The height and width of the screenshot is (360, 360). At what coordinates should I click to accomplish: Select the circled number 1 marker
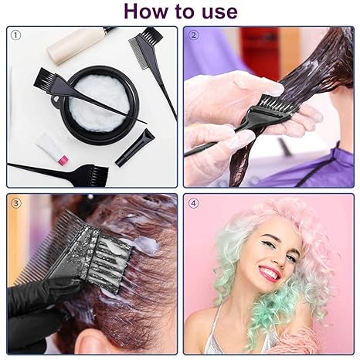click(x=15, y=35)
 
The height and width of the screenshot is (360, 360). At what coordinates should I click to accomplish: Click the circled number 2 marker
click(x=194, y=35)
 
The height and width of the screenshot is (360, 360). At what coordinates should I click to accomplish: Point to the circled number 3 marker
click(x=15, y=203)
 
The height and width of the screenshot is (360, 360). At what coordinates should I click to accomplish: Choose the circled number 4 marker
click(x=194, y=203)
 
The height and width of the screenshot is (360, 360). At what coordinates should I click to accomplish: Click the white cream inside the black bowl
click(x=100, y=104)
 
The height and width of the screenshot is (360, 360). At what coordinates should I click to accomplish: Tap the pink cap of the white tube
click(x=63, y=159)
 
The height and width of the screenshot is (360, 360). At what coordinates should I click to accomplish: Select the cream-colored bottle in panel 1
click(x=76, y=46)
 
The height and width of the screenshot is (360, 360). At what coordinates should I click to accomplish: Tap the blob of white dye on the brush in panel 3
click(x=144, y=246)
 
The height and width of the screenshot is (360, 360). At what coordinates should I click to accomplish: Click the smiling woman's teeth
click(x=270, y=273)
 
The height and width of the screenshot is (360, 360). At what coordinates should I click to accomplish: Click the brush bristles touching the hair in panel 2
click(x=276, y=103)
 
